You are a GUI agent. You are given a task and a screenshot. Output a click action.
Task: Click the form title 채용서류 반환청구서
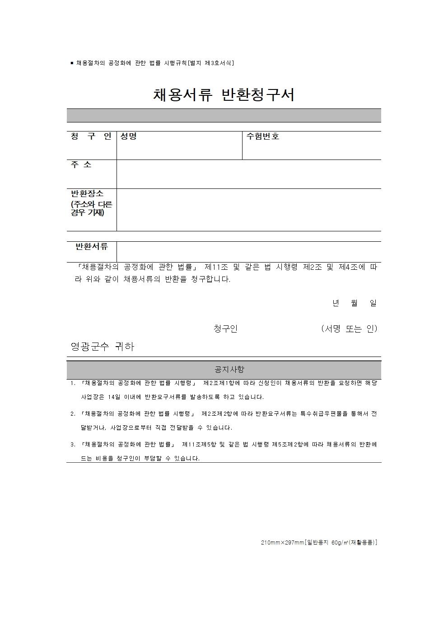pyautogui.click(x=224, y=95)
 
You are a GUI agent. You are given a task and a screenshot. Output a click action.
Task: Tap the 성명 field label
pyautogui.click(x=128, y=136)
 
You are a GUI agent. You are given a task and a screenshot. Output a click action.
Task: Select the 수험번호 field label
pyautogui.click(x=262, y=136)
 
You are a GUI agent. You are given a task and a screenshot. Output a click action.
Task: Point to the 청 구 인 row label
pyautogui.click(x=91, y=136)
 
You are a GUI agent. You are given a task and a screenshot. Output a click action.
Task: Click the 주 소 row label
pyautogui.click(x=81, y=165)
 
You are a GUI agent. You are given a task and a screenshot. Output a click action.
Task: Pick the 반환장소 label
pyautogui.click(x=87, y=193)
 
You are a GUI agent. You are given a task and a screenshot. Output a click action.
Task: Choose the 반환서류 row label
pyautogui.click(x=92, y=247)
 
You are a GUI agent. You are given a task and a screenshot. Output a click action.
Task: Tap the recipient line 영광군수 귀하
pyautogui.click(x=103, y=347)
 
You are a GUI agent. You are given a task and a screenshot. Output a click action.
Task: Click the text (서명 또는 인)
pyautogui.click(x=349, y=329)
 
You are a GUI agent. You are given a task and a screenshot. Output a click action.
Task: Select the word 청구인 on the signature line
pyautogui.click(x=225, y=329)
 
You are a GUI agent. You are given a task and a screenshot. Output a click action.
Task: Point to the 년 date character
pyautogui.click(x=336, y=303)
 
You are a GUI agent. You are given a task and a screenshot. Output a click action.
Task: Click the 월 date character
pyautogui.click(x=355, y=303)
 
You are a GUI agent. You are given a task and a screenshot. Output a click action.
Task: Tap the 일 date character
pyautogui.click(x=373, y=303)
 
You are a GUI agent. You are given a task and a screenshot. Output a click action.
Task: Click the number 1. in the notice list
pyautogui.click(x=73, y=383)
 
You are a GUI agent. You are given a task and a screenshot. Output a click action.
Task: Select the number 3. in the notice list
pyautogui.click(x=73, y=445)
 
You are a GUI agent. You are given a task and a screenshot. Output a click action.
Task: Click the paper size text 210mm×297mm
pyautogui.click(x=282, y=542)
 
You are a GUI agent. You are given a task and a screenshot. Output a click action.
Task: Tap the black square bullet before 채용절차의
pyautogui.click(x=72, y=63)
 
